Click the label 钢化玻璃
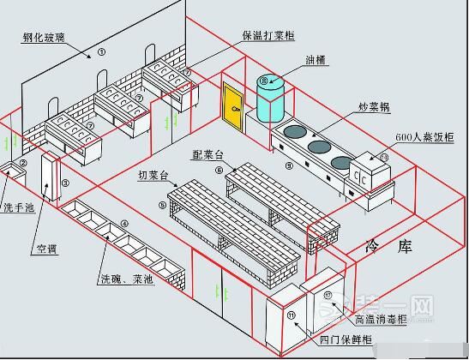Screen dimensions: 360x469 pyautogui.click(x=45, y=37)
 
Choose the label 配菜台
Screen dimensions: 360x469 pyautogui.click(x=208, y=154)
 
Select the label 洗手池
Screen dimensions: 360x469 pyautogui.click(x=20, y=207)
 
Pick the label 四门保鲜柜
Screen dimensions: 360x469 pyautogui.click(x=345, y=340)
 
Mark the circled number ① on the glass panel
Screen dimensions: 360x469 pyautogui.click(x=102, y=52)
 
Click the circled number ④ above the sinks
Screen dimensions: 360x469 pyautogui.click(x=125, y=224)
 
